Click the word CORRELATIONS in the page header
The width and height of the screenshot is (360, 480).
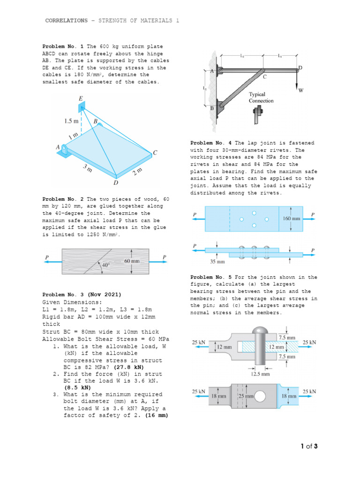(x=66, y=21)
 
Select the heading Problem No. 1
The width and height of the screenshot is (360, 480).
(x=63, y=46)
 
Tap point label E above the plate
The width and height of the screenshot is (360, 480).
(x=82, y=99)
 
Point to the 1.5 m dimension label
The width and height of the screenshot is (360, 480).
(x=71, y=121)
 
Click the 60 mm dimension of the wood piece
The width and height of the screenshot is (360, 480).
(x=132, y=260)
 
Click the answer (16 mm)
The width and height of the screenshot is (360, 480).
(x=157, y=415)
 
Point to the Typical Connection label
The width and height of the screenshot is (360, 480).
(x=261, y=97)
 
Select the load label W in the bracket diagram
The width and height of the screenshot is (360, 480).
(x=301, y=91)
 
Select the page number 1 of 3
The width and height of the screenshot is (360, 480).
(x=309, y=446)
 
